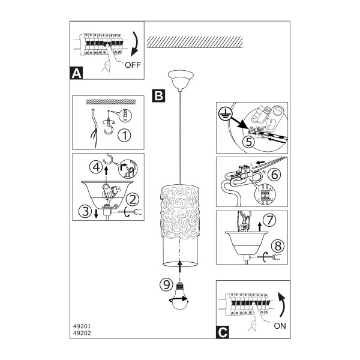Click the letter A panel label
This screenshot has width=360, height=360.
pos(76,73)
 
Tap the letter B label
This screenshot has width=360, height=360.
pos(158,95)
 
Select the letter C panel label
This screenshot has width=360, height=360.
pos(223,332)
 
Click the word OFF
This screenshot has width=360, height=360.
pos(133,65)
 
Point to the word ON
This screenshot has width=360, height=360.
pos(280,326)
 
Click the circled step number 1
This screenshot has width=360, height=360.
pos(124,135)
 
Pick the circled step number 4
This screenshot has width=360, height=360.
pos(96,167)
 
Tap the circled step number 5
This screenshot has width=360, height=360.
pos(249,142)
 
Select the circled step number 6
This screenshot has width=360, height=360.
pos(274,175)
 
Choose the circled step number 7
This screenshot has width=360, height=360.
pos(270,220)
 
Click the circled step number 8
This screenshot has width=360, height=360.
pos(278,245)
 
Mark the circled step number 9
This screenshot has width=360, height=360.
pos(166,284)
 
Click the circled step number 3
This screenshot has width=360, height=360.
pos(85,211)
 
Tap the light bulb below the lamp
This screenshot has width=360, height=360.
pos(181,296)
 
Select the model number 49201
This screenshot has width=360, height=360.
pos(82,326)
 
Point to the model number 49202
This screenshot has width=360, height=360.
pos(82,333)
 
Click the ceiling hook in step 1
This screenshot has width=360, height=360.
pos(109,125)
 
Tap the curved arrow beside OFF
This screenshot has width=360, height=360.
pos(135,44)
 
